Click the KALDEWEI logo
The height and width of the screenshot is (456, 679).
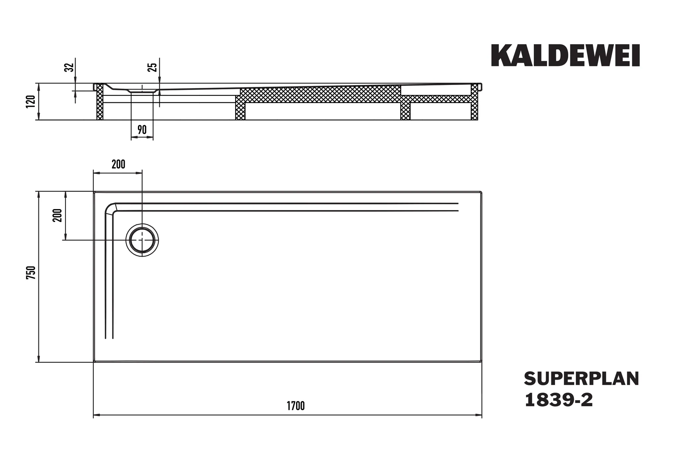click(565, 55)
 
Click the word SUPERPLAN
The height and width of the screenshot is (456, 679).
click(581, 379)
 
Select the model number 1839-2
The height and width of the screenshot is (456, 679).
click(559, 400)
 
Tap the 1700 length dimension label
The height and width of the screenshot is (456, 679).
click(295, 406)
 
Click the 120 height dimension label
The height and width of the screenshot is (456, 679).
click(31, 102)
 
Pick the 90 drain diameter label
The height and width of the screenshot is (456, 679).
click(142, 130)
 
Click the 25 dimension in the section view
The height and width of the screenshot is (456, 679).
click(152, 67)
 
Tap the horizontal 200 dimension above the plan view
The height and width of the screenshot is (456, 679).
click(118, 164)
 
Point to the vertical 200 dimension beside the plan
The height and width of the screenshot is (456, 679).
click(57, 215)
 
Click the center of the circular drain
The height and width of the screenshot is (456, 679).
click(142, 240)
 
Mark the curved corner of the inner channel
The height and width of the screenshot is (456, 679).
click(110, 208)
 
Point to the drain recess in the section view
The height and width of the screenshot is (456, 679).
click(142, 90)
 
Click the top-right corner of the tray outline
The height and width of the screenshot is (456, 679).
click(481, 192)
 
